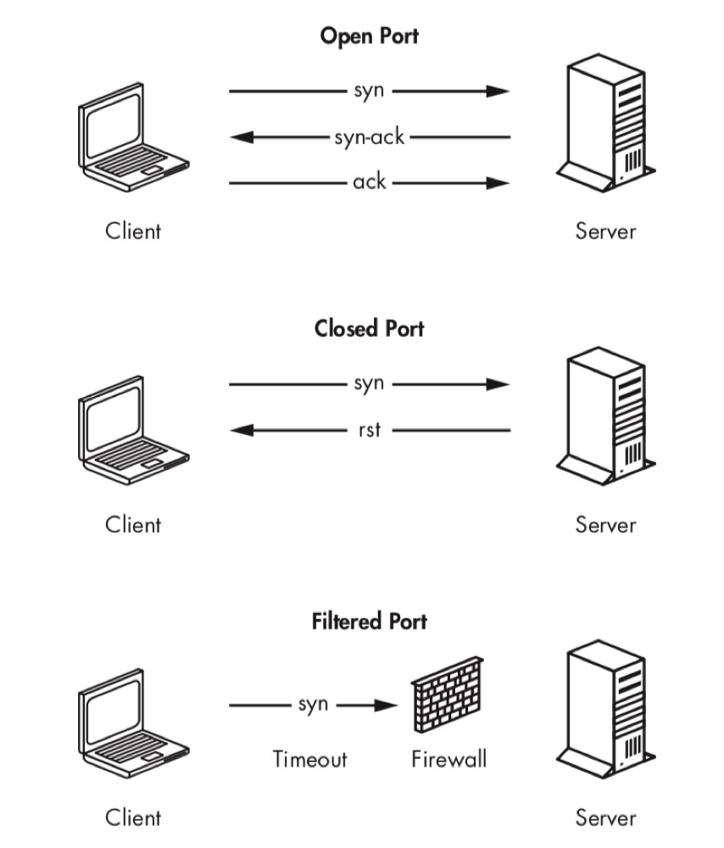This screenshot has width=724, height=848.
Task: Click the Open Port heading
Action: click(x=369, y=36)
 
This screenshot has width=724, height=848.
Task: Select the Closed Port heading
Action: click(x=369, y=328)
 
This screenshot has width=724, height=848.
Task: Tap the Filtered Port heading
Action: click(x=369, y=622)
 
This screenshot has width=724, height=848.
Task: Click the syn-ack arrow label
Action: click(x=369, y=137)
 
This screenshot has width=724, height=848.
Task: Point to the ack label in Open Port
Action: click(x=369, y=182)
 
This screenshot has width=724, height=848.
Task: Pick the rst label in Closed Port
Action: click(x=369, y=430)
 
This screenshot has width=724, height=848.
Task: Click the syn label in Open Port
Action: click(x=369, y=91)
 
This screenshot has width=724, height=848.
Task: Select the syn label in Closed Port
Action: click(x=369, y=383)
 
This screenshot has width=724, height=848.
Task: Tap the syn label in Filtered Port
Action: click(x=313, y=705)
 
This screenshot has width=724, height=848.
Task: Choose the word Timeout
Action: click(x=310, y=758)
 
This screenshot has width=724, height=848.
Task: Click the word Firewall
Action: click(x=449, y=758)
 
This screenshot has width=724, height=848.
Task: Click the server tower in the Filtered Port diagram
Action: click(x=604, y=708)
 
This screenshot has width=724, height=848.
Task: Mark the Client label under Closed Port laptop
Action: click(x=133, y=524)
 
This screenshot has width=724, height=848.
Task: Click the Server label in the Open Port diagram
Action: click(x=605, y=231)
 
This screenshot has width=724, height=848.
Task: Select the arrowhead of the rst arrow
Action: click(x=242, y=430)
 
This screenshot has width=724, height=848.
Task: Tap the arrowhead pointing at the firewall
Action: click(x=387, y=705)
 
